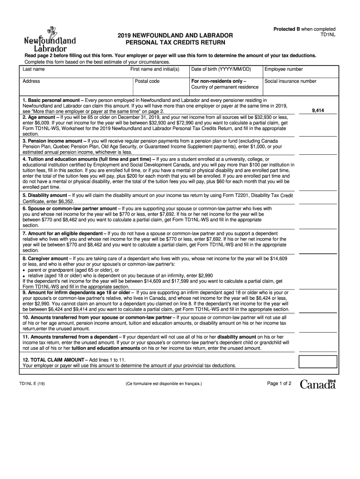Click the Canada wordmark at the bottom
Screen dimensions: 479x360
click(x=318, y=385)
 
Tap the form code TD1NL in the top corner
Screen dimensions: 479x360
click(x=327, y=35)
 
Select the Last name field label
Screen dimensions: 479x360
click(x=34, y=69)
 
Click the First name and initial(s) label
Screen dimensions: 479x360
click(x=155, y=69)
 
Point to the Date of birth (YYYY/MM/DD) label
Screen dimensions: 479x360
click(x=221, y=69)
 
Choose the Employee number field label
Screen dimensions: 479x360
click(x=284, y=69)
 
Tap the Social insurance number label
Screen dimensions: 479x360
click(x=290, y=81)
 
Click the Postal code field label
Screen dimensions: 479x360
click(x=147, y=81)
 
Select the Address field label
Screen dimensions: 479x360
click(x=31, y=81)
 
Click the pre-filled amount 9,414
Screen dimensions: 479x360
click(x=318, y=111)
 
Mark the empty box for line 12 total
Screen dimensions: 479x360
click(x=317, y=362)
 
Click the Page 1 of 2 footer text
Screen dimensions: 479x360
click(x=279, y=384)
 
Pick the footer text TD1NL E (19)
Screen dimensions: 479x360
click(x=32, y=384)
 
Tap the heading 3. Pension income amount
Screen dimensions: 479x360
click(x=52, y=141)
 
